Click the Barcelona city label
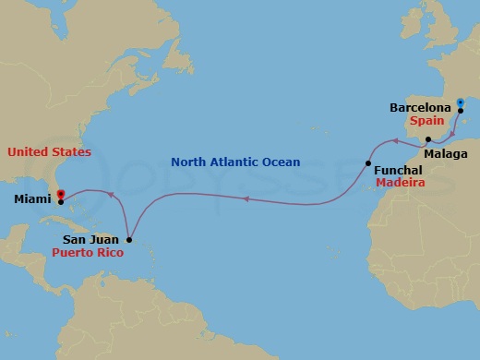tap(420, 108)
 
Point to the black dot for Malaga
tap(428, 139)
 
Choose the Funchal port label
tap(398, 171)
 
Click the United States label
tap(49, 150)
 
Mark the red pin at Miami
tap(60, 195)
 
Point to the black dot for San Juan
tap(128, 240)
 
